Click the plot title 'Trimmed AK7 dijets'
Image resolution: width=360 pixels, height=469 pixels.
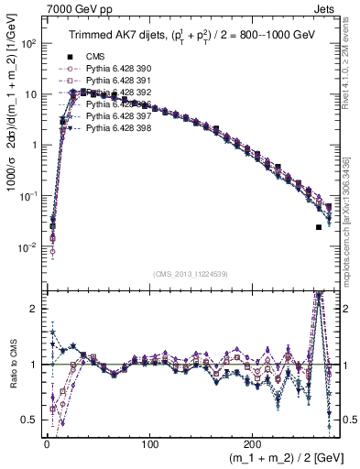pyautogui.click(x=119, y=36)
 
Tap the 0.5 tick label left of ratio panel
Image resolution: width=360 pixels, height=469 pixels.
pyautogui.click(x=30, y=420)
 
